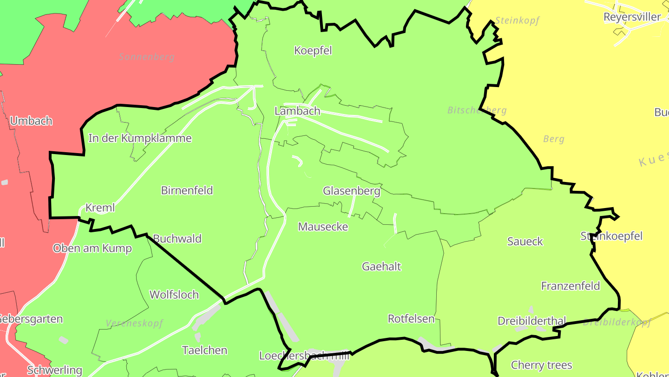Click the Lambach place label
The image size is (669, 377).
(x=297, y=111)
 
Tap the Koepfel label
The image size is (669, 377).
(x=313, y=50)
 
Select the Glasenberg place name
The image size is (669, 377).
(x=351, y=191)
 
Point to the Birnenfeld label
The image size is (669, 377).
(x=187, y=190)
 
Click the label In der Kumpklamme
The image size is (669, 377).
(x=140, y=138)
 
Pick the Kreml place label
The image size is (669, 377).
(x=100, y=208)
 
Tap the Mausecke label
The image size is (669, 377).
(x=323, y=227)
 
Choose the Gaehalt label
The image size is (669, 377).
(x=381, y=267)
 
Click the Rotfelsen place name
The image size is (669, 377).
(x=411, y=319)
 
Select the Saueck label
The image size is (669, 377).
(x=525, y=242)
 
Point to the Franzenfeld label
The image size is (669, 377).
(x=571, y=286)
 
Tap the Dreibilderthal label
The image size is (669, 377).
(x=532, y=321)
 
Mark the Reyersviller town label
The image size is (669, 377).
(x=632, y=17)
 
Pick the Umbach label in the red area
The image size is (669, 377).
(x=31, y=121)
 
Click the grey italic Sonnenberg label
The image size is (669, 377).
(x=147, y=57)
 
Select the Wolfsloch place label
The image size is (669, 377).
(x=174, y=295)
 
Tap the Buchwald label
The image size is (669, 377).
(x=177, y=239)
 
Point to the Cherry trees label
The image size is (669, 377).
(x=541, y=365)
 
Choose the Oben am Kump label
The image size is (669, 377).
(x=92, y=248)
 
